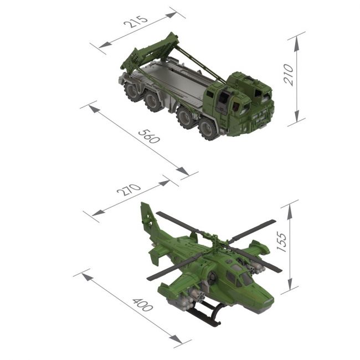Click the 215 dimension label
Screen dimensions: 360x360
click(x=136, y=22)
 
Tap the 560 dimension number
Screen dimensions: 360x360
click(x=149, y=137)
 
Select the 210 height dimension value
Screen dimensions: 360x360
click(x=289, y=75)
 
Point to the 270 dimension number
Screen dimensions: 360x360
click(x=129, y=189)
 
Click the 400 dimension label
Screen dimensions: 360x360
click(x=142, y=305)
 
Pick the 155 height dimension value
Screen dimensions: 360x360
click(x=282, y=242)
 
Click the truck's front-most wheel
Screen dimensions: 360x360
click(x=208, y=130)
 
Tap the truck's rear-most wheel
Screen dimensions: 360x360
click(x=132, y=91)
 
